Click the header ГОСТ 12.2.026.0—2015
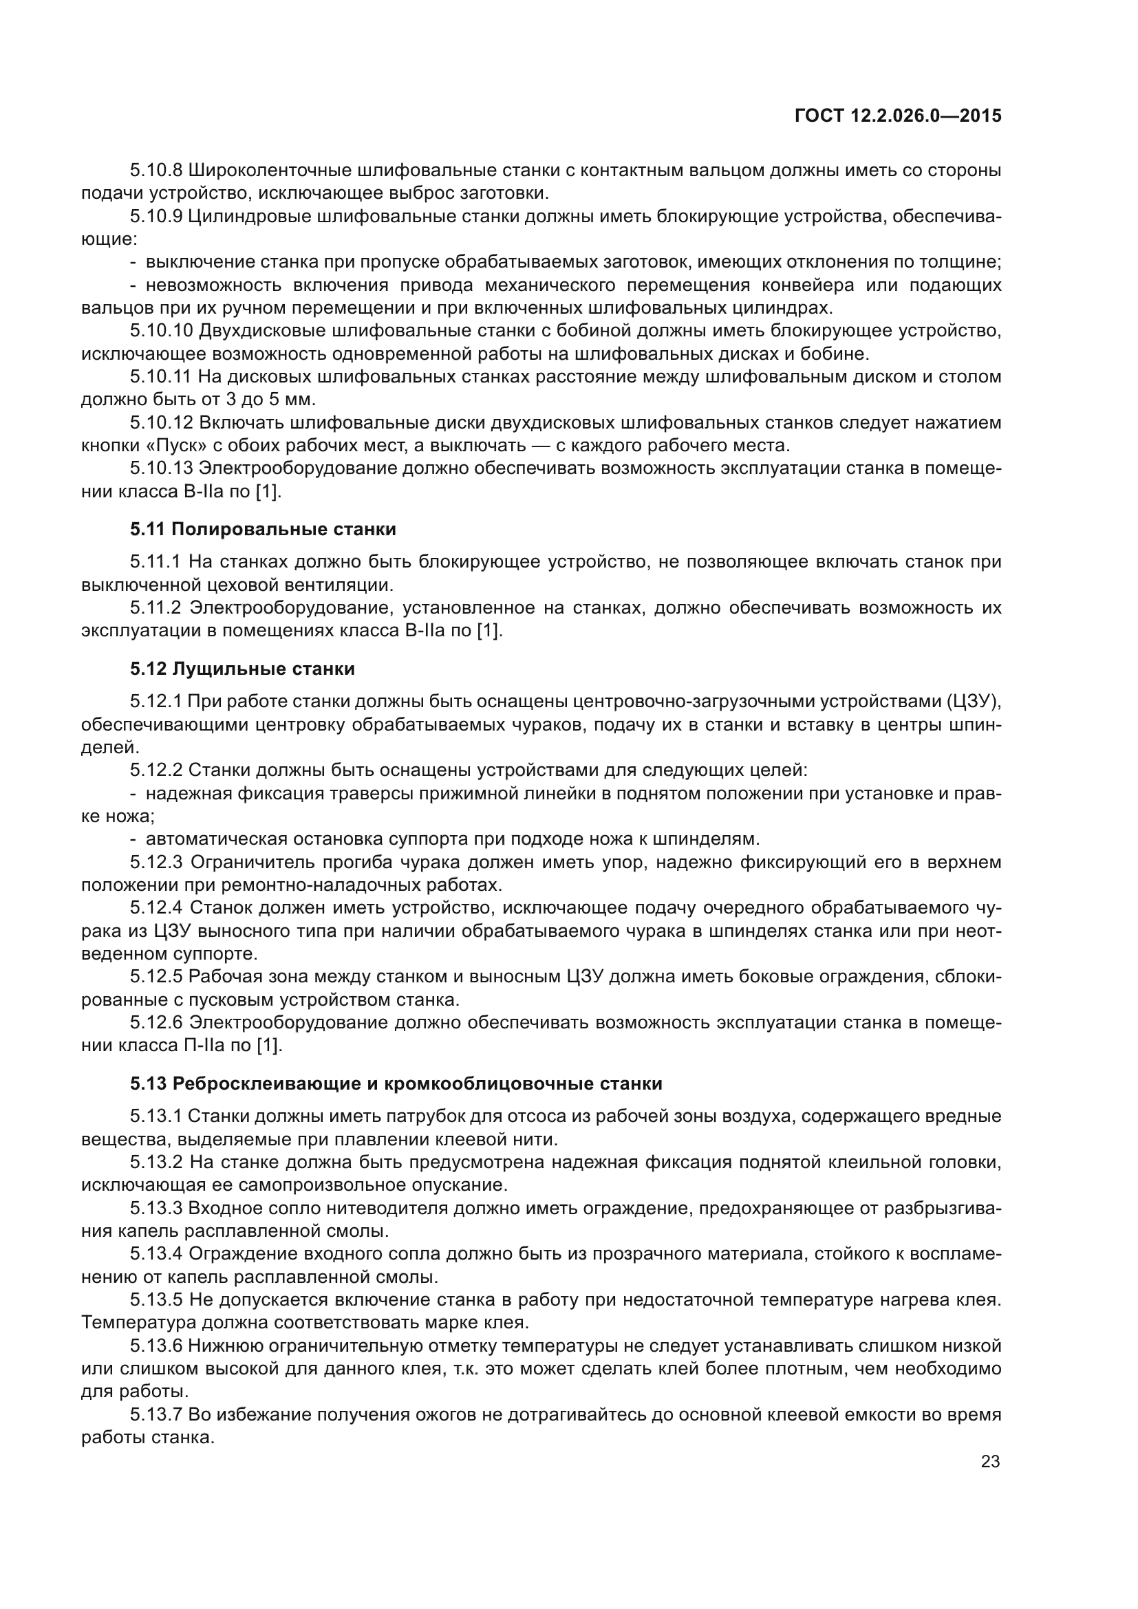tap(898, 116)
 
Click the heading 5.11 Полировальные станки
tap(263, 529)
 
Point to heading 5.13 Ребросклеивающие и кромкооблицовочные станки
tap(396, 1083)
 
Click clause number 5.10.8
tap(155, 171)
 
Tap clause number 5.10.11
tap(160, 377)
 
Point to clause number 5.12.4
tap(155, 908)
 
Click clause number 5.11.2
tap(155, 607)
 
